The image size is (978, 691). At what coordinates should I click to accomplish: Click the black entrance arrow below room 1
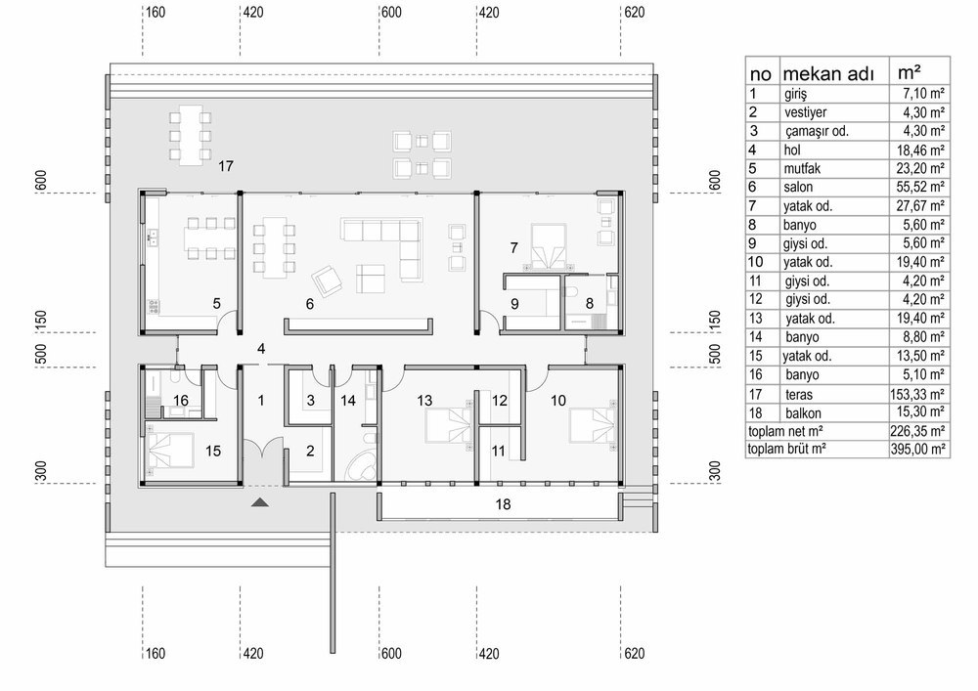pos(260,502)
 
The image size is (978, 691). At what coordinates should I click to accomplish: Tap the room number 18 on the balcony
pos(503,504)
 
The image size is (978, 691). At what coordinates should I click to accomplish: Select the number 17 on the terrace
pos(226,166)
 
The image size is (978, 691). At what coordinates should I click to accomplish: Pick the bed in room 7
pos(549,246)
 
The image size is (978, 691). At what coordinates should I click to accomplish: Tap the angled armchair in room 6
pos(328,281)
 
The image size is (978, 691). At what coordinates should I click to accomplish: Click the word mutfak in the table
pos(802,168)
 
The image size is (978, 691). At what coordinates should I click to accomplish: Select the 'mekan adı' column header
pos(827,73)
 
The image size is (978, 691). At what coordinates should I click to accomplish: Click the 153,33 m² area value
pos(917,394)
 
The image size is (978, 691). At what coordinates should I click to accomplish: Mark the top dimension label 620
pos(635,12)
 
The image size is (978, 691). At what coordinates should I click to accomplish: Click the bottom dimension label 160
pos(155,653)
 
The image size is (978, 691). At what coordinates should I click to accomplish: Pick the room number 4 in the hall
pos(261,349)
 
